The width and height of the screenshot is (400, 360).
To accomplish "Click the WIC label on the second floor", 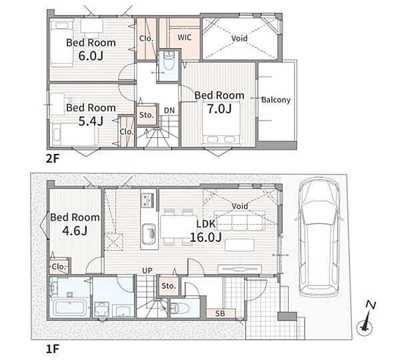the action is tap(184, 37).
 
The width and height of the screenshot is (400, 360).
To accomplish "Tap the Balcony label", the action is tap(276, 100).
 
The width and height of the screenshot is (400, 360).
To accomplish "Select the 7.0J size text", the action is tap(219, 109).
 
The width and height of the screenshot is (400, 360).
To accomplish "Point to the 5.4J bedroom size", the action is tap(91, 121).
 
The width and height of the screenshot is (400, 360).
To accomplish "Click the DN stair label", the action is tap(169, 111).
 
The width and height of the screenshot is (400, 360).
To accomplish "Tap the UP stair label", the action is tap(147, 271).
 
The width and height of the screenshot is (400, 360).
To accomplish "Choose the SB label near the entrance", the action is tap(220, 313).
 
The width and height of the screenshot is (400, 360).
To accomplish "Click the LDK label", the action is tap(206, 224).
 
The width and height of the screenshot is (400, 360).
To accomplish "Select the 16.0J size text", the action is tap(205, 237).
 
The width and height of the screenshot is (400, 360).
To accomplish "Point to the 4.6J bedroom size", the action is tap(75, 231).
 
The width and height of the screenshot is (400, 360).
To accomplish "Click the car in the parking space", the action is tap(319, 237).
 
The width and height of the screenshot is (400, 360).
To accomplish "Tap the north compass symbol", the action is tap(367, 319).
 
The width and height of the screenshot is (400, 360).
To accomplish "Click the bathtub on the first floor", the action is tap(70, 307).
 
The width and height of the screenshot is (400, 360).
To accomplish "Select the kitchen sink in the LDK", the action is tap(149, 234).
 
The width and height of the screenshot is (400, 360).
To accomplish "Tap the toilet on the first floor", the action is tap(179, 308).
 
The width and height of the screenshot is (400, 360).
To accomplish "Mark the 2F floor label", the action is tap(53, 159).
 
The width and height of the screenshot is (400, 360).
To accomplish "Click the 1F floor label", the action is tap(53, 349).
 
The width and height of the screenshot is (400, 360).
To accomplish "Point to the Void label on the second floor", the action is tap(239, 38).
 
